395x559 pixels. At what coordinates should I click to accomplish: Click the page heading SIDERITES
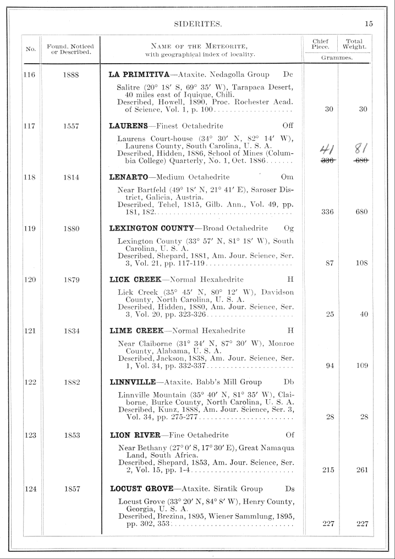[197, 24]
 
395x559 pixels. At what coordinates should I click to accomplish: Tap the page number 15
[368, 24]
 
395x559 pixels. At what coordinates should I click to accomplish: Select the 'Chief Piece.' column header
[320, 43]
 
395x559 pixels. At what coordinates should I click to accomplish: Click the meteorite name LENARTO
[129, 177]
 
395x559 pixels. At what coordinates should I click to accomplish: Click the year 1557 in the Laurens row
[70, 126]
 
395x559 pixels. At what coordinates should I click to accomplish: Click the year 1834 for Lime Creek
[70, 331]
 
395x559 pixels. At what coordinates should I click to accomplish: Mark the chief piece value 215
[328, 471]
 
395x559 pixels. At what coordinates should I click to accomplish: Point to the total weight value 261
[361, 471]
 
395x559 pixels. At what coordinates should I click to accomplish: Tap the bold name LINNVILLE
[133, 383]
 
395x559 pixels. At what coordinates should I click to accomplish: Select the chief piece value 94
[330, 366]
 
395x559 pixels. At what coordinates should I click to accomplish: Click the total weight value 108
[361, 263]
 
